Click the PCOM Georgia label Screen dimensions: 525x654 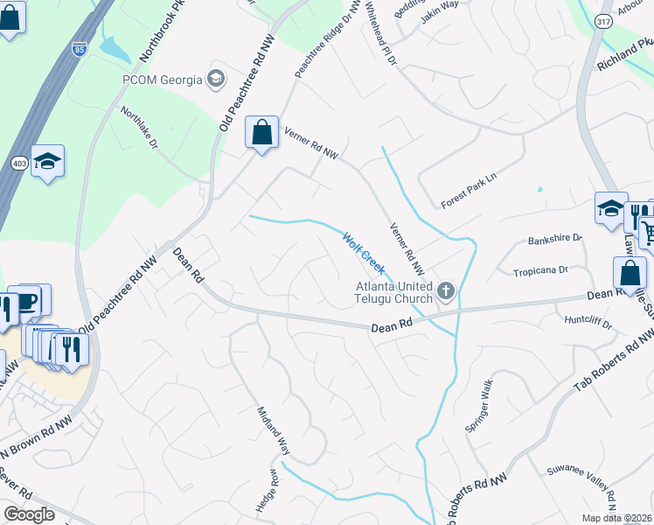pos(161,80)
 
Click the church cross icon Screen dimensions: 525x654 pos(447,290)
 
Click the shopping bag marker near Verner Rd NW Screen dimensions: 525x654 pos(261,134)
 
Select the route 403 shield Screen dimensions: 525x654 pos(19,163)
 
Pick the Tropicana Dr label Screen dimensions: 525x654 pos(540,271)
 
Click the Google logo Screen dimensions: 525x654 pos(29,514)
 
